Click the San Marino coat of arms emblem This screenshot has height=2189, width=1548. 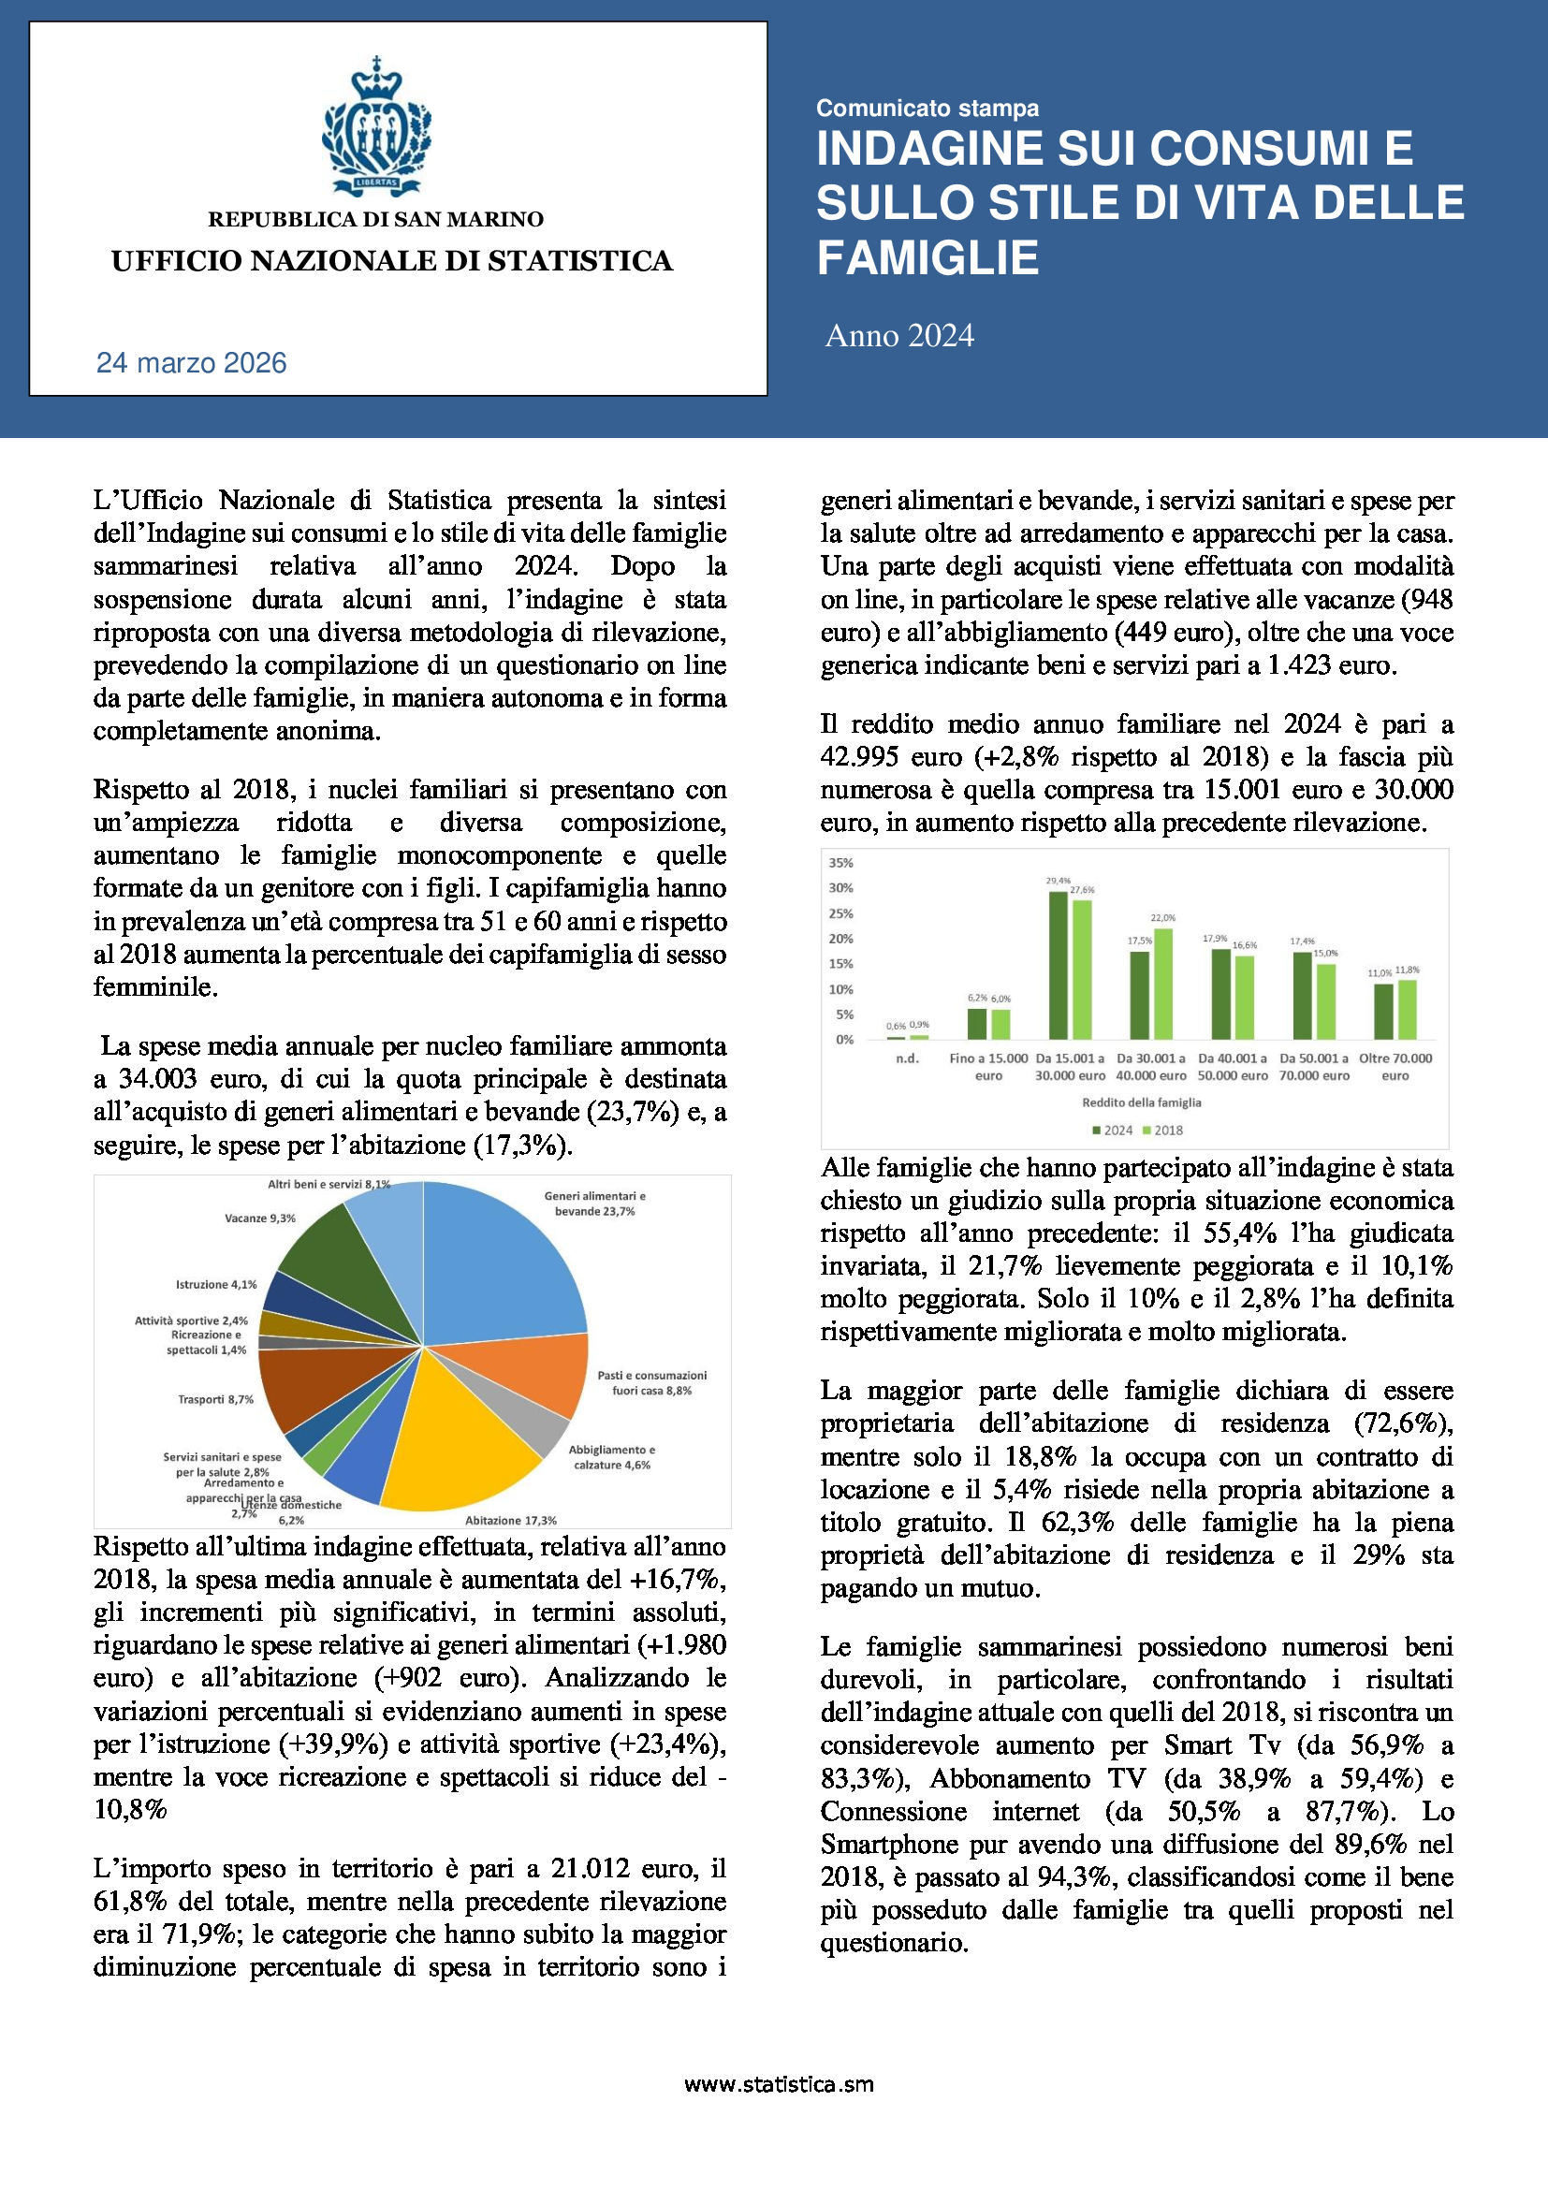[375, 126]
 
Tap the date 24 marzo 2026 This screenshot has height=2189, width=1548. [192, 363]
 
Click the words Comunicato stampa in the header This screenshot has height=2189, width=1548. [927, 109]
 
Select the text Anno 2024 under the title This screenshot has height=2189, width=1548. [898, 336]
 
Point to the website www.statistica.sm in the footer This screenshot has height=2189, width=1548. [779, 2084]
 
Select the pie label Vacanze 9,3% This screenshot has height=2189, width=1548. [260, 1219]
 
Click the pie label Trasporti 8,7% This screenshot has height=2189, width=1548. [215, 1399]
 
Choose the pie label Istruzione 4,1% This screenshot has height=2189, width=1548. [215, 1284]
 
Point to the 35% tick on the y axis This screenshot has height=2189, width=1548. [840, 863]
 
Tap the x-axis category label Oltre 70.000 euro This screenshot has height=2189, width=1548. [1395, 1067]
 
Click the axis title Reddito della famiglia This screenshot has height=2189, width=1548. [1141, 1102]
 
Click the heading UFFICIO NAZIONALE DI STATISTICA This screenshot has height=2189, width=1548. [392, 261]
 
